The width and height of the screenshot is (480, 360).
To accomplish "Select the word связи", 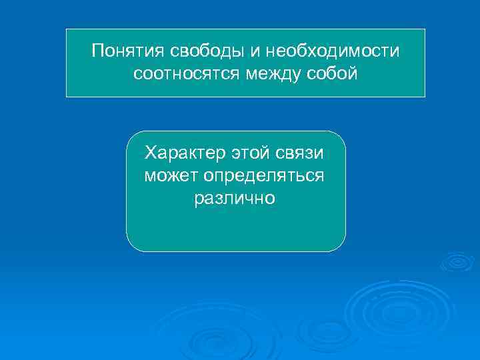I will pyautogui.click(x=301, y=154).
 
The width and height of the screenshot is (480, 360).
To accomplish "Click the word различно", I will pyautogui.click(x=235, y=199).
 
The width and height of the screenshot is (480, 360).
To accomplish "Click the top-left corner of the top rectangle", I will pyautogui.click(x=67, y=29).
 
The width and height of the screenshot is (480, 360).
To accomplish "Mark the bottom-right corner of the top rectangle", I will pyautogui.click(x=424, y=97).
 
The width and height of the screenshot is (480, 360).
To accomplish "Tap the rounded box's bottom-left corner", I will pyautogui.click(x=129, y=248).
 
